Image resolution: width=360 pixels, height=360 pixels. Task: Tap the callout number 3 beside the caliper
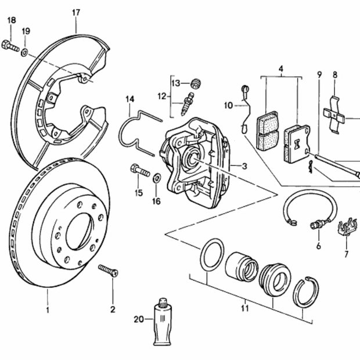tap(244, 166)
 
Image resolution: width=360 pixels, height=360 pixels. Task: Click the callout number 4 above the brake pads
tap(281, 70)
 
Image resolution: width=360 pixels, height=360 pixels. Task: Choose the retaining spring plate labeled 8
tap(334, 113)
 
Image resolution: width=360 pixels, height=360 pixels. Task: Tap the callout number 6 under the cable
tap(318, 246)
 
